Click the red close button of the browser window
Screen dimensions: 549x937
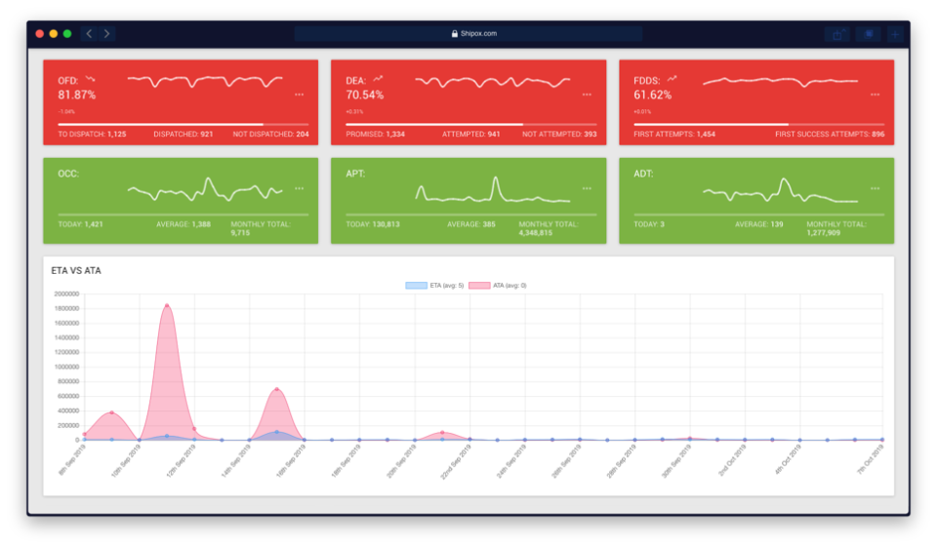[40, 33]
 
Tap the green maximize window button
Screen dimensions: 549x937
[67, 33]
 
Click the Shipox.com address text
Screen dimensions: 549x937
[474, 33]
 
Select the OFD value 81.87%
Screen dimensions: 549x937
[76, 95]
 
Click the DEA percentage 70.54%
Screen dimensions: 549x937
[364, 95]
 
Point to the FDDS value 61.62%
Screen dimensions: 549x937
[652, 95]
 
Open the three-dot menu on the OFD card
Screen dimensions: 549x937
[299, 95]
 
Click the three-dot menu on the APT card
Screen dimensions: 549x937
[587, 188]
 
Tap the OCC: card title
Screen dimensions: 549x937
[68, 174]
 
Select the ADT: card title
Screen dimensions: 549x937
[643, 174]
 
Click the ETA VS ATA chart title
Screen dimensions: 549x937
[76, 270]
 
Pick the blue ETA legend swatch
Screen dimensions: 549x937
[417, 286]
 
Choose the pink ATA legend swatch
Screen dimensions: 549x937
[480, 286]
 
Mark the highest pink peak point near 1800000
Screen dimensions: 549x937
[167, 306]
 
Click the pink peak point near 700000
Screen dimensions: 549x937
[277, 390]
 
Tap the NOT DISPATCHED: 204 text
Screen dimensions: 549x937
[270, 134]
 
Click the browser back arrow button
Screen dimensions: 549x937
[89, 33]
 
